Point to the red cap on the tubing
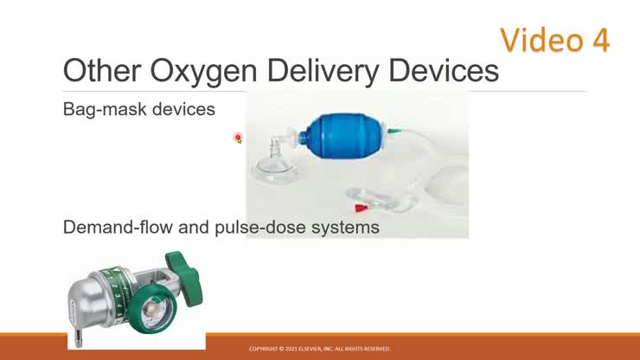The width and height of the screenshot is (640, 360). click(x=357, y=209)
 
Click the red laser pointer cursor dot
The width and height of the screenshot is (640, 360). click(x=238, y=138)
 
